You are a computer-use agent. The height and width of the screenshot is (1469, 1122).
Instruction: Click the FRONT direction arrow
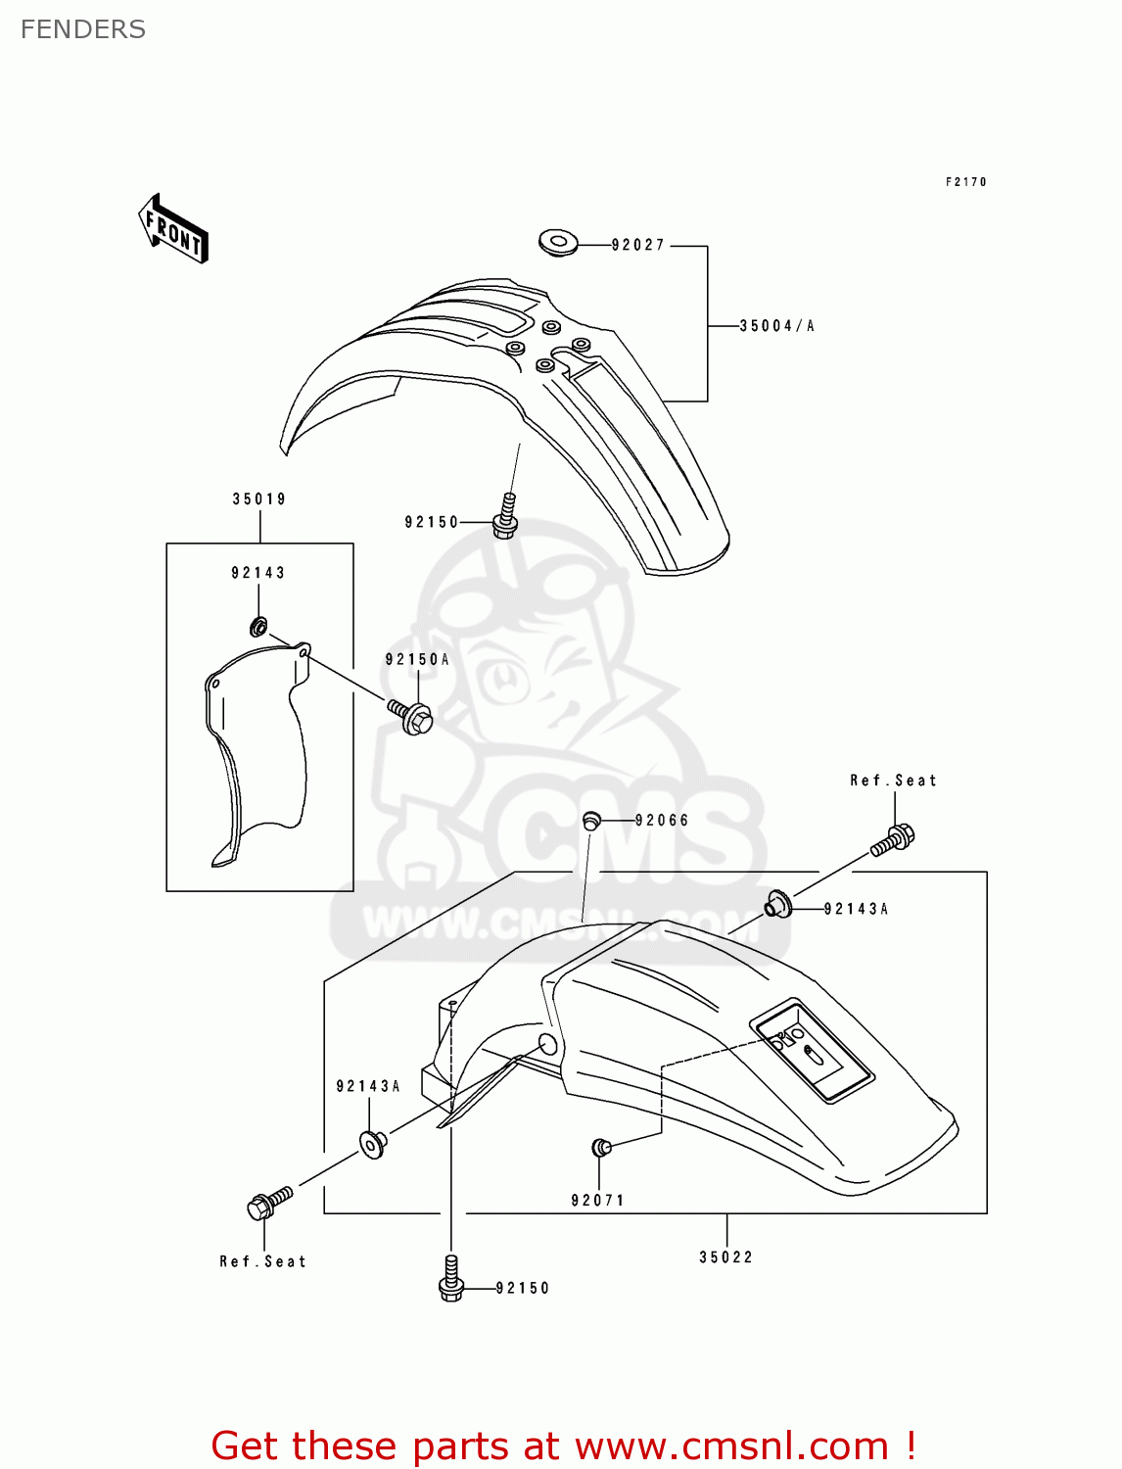click(173, 228)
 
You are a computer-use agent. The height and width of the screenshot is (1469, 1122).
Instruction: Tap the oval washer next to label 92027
click(558, 242)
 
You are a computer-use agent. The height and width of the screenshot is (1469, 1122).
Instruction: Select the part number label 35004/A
click(776, 326)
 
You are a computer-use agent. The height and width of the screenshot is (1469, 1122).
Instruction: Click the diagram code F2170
click(965, 182)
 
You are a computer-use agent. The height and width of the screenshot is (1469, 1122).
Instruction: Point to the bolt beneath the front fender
click(505, 517)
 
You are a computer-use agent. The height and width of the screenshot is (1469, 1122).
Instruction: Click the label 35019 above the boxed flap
click(259, 499)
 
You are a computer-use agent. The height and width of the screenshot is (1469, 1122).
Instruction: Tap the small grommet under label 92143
click(259, 626)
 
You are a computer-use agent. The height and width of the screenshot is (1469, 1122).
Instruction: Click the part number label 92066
click(662, 821)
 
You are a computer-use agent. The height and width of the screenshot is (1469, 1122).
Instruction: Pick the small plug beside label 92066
click(591, 821)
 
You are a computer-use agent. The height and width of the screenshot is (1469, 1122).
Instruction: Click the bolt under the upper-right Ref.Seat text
click(893, 840)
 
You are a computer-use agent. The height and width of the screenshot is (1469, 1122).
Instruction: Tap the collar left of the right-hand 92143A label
click(778, 905)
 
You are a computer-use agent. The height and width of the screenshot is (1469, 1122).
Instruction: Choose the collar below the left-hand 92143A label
click(373, 1143)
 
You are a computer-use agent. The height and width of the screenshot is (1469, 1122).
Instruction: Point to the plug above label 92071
click(601, 1147)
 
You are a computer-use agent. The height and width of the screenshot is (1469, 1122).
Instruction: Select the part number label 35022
click(725, 1257)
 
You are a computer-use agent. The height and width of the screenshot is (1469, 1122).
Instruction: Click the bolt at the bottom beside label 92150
click(450, 1280)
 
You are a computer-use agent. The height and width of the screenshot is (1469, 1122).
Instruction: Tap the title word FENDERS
click(83, 29)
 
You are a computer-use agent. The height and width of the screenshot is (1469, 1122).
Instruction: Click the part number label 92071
click(597, 1201)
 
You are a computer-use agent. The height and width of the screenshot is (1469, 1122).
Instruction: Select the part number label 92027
click(638, 245)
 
